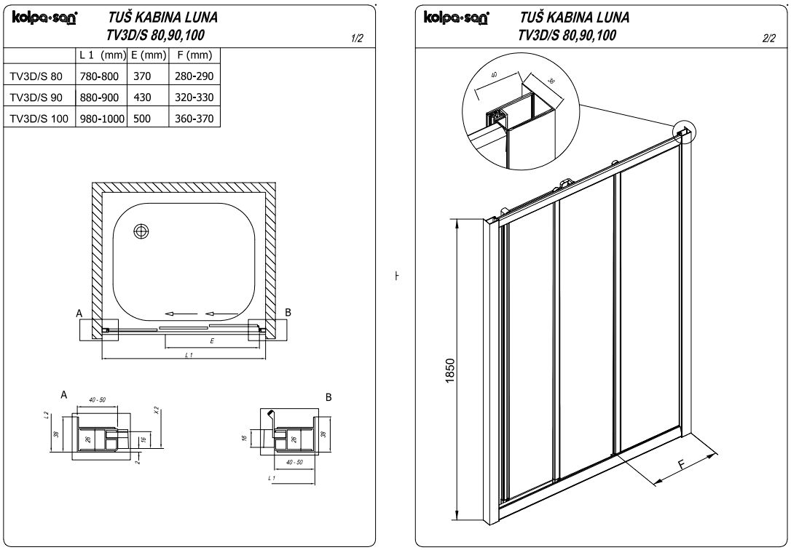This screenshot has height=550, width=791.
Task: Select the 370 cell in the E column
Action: tap(142, 76)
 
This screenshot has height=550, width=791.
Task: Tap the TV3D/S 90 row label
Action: tap(36, 97)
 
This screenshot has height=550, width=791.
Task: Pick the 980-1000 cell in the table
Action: tap(100, 118)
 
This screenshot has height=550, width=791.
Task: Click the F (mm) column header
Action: tap(194, 55)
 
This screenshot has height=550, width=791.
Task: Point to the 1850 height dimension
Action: tap(450, 372)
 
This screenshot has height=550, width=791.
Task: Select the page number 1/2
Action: tap(357, 39)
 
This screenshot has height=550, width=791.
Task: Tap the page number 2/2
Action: tap(768, 39)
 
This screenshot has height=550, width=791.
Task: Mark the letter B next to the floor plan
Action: tap(288, 312)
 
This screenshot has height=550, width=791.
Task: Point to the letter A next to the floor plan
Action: tap(79, 313)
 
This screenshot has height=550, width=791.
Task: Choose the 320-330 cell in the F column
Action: tap(194, 97)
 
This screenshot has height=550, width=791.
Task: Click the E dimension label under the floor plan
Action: tap(210, 340)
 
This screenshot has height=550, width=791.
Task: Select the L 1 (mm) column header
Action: tap(101, 55)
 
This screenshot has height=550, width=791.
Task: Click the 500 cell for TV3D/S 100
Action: tap(142, 118)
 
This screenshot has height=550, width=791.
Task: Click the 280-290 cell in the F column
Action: tap(194, 76)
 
